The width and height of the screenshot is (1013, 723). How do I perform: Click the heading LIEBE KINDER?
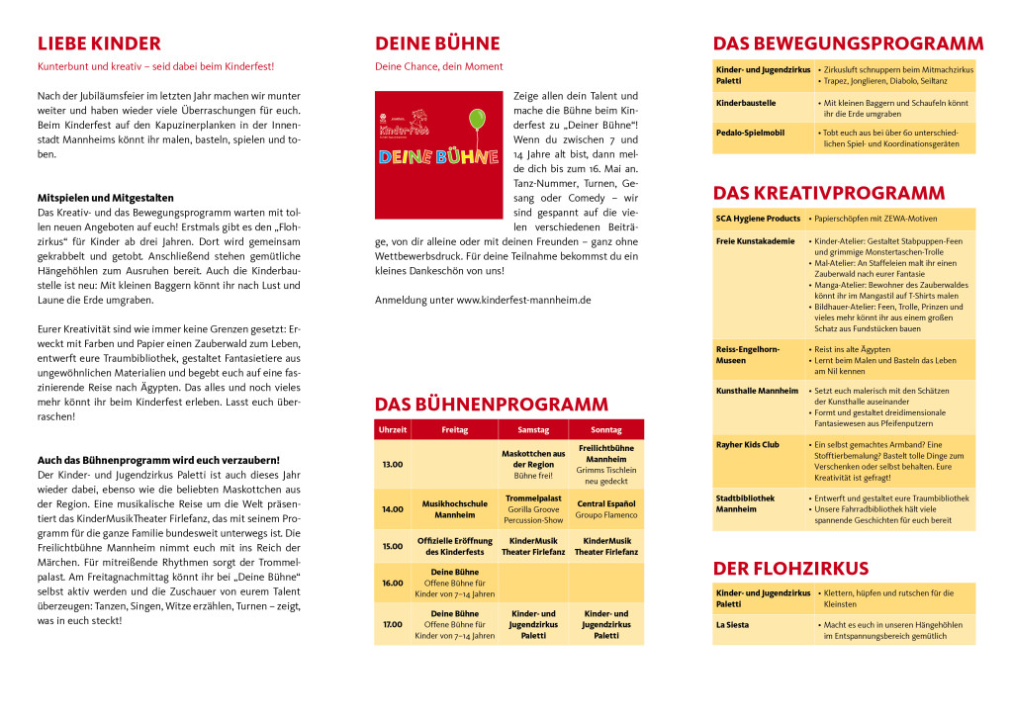point(99,44)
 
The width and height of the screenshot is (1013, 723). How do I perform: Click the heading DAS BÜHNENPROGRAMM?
point(491,405)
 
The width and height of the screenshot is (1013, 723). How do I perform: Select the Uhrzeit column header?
point(393,430)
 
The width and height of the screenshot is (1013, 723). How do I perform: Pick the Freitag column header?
point(454,430)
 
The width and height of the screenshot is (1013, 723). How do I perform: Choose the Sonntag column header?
point(605,430)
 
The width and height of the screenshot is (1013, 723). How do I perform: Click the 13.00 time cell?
point(393,464)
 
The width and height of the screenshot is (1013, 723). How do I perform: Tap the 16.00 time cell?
point(393,583)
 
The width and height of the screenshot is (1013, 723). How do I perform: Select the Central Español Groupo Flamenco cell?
point(605,509)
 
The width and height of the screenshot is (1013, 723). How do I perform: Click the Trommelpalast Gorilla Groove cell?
point(533,509)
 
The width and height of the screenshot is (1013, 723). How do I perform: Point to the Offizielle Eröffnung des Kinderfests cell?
point(454,546)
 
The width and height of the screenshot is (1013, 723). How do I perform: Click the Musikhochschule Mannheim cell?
point(454,509)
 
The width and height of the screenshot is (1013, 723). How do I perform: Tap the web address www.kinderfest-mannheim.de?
point(523,300)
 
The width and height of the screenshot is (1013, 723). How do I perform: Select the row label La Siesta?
point(733,625)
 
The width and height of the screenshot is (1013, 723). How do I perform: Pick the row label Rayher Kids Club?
point(747,445)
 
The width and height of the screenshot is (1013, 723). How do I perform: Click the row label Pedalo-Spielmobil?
point(751,132)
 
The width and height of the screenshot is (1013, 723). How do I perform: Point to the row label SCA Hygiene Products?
point(758,219)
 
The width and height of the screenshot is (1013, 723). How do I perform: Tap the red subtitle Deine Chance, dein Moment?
point(438,66)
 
